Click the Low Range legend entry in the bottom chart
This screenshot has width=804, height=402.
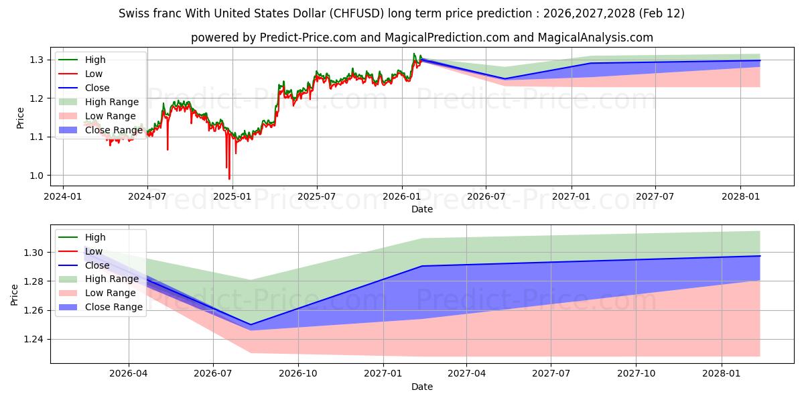(x=111, y=293)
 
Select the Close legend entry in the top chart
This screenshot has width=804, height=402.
(x=97, y=88)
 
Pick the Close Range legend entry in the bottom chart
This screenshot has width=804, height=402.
(x=113, y=307)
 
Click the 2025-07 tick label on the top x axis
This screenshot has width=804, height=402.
(x=316, y=197)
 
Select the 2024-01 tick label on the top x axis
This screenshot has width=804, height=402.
(x=63, y=197)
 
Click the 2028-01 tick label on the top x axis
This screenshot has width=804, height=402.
(x=740, y=197)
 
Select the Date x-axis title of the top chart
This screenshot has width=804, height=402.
(x=422, y=209)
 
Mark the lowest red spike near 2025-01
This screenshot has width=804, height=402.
(x=229, y=178)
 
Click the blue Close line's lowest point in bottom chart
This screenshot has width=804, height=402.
(x=251, y=325)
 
